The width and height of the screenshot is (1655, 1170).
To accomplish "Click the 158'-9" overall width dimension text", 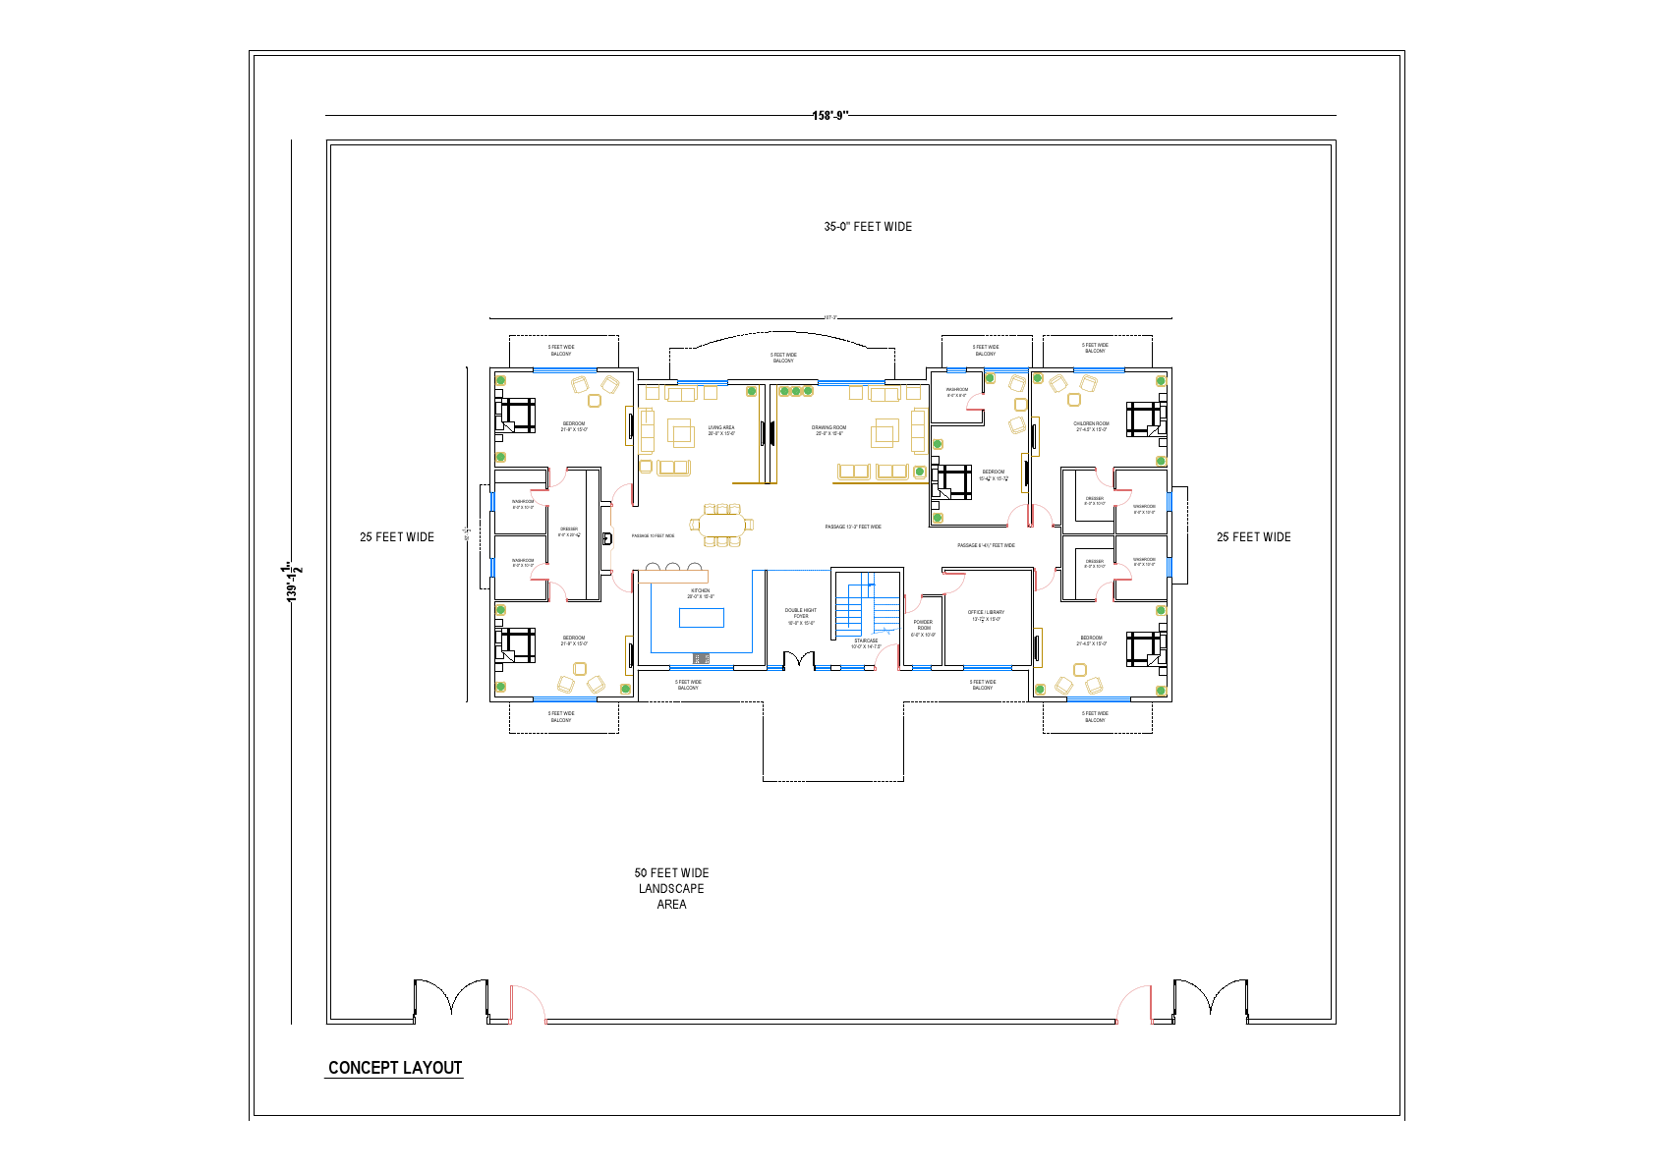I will [830, 115].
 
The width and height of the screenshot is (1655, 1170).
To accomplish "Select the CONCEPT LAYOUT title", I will [394, 1068].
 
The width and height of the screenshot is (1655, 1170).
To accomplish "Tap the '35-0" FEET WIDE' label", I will [868, 227].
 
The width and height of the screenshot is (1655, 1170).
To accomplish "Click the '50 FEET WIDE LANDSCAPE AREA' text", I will [671, 888].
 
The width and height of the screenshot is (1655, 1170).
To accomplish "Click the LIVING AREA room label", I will [721, 430].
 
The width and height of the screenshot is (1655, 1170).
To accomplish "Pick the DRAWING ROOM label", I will [828, 430].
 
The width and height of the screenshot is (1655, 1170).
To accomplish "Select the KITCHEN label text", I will [700, 593].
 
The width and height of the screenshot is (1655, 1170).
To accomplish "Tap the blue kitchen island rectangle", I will [702, 617].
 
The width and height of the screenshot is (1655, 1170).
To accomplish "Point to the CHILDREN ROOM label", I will [1091, 426].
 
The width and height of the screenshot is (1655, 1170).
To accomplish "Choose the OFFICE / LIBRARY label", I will [986, 615].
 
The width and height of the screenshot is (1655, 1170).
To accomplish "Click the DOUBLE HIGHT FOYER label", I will [801, 616].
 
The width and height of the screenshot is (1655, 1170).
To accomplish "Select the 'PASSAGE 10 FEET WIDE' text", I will [653, 536].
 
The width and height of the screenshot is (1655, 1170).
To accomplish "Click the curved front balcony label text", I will [783, 358].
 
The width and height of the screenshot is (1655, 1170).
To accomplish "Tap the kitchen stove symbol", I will [701, 658].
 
